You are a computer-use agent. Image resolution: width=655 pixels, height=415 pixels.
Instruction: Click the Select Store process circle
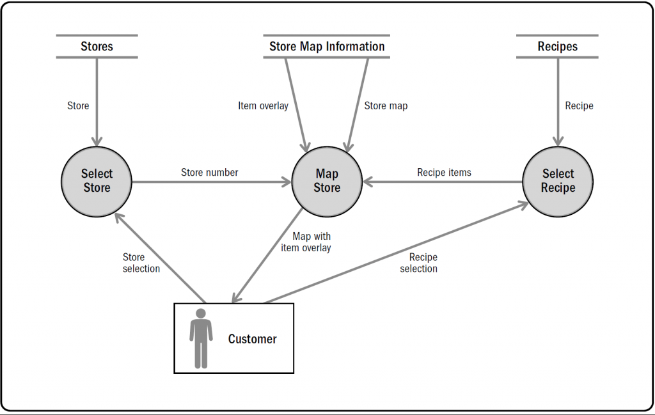(x=97, y=181)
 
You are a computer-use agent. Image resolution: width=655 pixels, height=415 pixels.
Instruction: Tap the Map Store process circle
(x=327, y=181)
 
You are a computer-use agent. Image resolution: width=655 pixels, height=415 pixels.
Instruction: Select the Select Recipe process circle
(x=558, y=181)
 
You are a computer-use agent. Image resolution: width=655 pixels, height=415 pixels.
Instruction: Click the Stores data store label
(x=97, y=47)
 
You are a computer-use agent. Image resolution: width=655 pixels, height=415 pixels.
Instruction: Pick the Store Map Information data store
(x=327, y=47)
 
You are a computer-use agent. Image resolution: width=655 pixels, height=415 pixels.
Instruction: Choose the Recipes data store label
(x=557, y=47)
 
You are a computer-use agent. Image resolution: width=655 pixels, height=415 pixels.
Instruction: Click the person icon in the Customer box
(x=201, y=338)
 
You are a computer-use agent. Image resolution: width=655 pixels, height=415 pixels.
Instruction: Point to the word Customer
(x=252, y=340)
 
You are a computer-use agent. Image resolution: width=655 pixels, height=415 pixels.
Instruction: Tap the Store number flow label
(x=209, y=173)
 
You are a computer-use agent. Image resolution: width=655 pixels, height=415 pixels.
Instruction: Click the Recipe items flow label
(x=444, y=173)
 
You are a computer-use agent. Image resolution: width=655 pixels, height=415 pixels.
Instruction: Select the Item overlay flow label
(x=263, y=106)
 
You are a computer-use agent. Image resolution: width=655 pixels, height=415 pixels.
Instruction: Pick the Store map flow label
(x=386, y=106)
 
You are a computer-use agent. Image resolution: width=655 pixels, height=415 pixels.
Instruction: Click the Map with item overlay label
(x=306, y=242)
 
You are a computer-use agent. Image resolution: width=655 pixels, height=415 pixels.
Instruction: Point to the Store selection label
(x=141, y=263)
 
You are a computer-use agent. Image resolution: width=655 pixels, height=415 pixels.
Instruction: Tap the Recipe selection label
(x=419, y=263)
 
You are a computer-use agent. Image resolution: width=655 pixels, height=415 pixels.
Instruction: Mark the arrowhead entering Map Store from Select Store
(x=286, y=182)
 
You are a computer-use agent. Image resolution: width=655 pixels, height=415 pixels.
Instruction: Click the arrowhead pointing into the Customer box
(x=236, y=297)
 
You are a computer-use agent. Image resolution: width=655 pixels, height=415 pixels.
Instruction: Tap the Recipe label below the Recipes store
(x=579, y=106)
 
